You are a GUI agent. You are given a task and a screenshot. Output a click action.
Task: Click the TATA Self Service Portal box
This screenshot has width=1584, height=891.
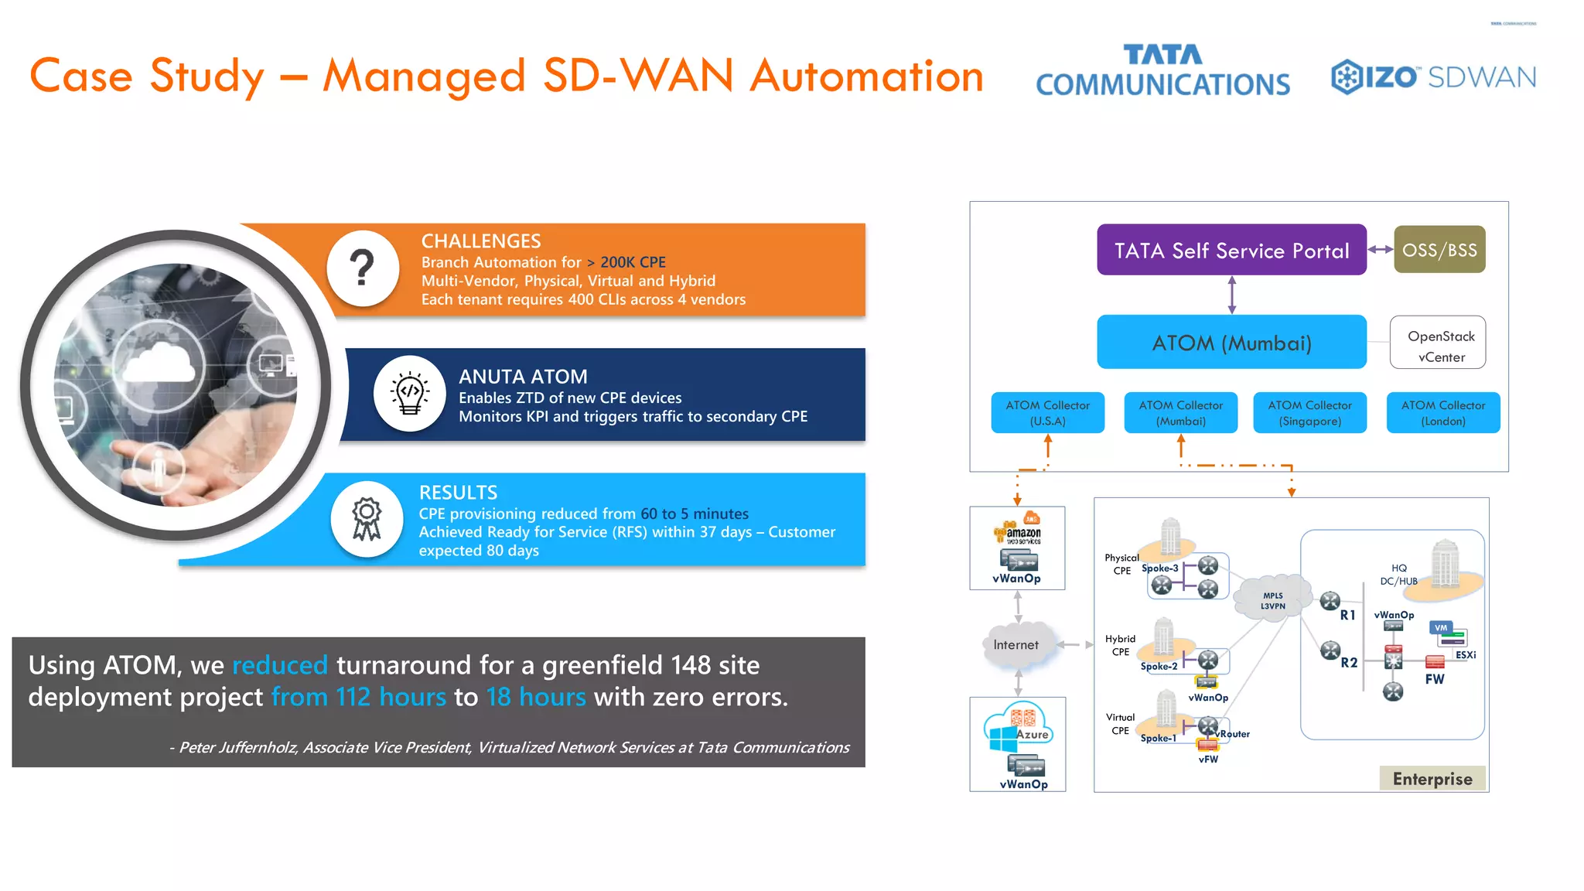pyautogui.click(x=1231, y=250)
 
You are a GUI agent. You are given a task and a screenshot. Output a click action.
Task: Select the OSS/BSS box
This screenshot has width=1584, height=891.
pyautogui.click(x=1439, y=250)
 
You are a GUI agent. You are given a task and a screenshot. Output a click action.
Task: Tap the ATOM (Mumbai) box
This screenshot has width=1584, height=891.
pyautogui.click(x=1231, y=342)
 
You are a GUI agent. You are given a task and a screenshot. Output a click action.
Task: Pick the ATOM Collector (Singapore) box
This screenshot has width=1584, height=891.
pyautogui.click(x=1309, y=412)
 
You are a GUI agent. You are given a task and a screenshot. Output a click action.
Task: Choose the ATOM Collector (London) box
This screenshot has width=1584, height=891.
pyautogui.click(x=1442, y=412)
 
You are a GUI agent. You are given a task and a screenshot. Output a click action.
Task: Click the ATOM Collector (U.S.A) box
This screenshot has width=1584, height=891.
pyautogui.click(x=1047, y=412)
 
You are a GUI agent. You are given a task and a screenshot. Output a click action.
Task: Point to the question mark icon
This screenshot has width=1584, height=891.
pyautogui.click(x=362, y=268)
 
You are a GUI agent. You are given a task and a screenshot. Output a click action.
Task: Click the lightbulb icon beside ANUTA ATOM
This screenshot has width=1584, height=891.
pyautogui.click(x=409, y=392)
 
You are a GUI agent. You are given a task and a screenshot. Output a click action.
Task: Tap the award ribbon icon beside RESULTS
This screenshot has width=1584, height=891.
pyautogui.click(x=367, y=518)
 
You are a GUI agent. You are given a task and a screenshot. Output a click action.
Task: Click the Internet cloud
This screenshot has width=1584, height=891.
pyautogui.click(x=1017, y=645)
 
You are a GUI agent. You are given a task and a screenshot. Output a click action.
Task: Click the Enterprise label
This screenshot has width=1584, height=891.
pyautogui.click(x=1432, y=779)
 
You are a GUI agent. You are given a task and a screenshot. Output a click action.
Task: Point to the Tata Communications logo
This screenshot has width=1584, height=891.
pyautogui.click(x=1162, y=70)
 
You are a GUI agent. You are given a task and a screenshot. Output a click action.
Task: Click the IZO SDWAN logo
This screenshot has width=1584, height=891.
pyautogui.click(x=1433, y=77)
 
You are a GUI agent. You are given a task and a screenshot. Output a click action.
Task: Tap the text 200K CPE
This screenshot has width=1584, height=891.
pyautogui.click(x=633, y=262)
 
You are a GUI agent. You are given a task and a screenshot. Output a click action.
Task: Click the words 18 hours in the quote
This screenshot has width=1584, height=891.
pyautogui.click(x=536, y=697)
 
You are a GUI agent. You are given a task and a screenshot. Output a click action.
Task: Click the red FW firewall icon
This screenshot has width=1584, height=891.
pyautogui.click(x=1435, y=662)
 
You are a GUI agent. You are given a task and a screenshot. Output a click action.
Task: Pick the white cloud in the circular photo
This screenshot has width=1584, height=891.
pyautogui.click(x=160, y=364)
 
